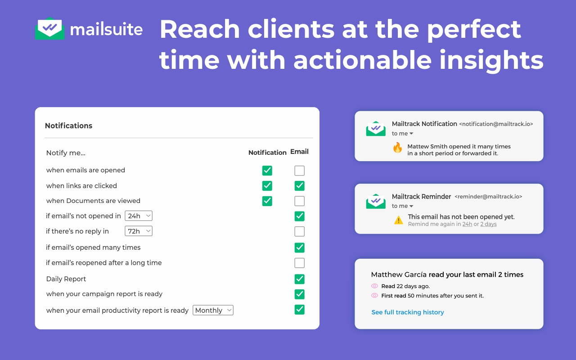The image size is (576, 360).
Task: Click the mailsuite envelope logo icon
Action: (x=49, y=28)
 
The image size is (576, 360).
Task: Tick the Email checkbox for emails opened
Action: (x=299, y=171)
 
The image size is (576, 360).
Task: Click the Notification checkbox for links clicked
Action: (x=267, y=186)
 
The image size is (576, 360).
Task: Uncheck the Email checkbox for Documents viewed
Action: (x=299, y=201)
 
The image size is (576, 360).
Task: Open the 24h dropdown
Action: (x=139, y=216)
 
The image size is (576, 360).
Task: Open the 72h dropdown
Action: (x=139, y=231)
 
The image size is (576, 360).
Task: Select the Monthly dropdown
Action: (x=213, y=310)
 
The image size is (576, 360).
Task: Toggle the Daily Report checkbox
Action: (x=299, y=279)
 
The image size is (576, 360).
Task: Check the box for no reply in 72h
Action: (x=299, y=231)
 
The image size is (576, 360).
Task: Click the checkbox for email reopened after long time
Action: (x=299, y=263)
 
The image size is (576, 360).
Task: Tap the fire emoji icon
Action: (x=397, y=148)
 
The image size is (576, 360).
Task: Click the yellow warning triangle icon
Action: (x=398, y=220)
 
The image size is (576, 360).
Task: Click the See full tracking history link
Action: (x=408, y=312)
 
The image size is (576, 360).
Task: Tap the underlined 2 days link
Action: (x=488, y=224)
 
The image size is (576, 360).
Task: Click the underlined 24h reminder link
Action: (x=467, y=224)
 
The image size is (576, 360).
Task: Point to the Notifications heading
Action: (x=69, y=126)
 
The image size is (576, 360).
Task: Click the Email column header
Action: (x=299, y=152)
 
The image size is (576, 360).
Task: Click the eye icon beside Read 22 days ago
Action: (x=375, y=286)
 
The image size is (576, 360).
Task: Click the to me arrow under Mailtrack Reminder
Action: (x=411, y=206)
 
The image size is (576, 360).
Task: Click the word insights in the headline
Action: (x=491, y=60)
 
